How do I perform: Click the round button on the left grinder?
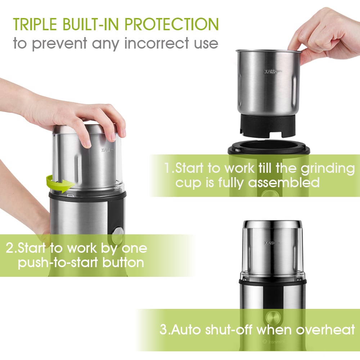click(117, 236)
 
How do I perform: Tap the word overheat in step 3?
click(325, 329)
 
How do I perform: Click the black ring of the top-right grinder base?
click(269, 148)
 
